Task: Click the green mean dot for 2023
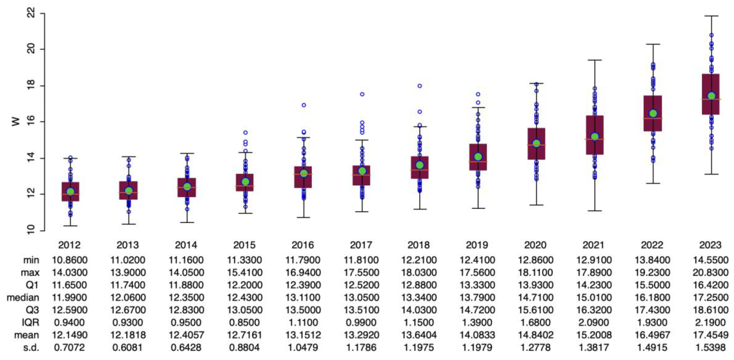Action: click(711, 96)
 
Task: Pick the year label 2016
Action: click(303, 245)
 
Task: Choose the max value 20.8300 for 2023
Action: click(710, 273)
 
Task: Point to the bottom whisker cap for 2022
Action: click(653, 183)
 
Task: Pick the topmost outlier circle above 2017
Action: click(362, 94)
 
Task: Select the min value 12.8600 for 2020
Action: click(535, 260)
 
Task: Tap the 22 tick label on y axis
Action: click(31, 13)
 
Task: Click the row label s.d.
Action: click(31, 348)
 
